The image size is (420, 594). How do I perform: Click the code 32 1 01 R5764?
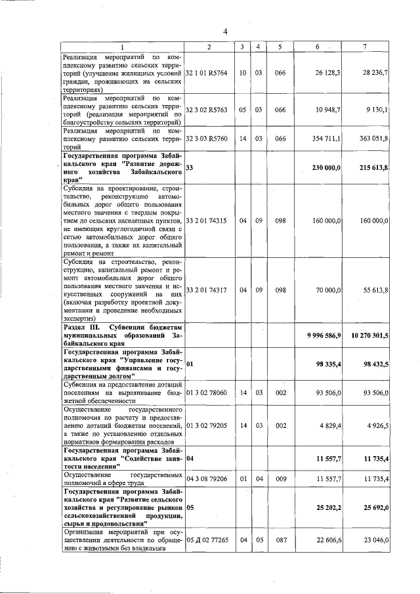click(x=207, y=73)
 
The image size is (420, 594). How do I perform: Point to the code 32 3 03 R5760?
click(x=207, y=139)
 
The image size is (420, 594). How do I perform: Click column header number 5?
click(x=280, y=47)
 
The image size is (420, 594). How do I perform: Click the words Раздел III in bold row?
click(x=81, y=326)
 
